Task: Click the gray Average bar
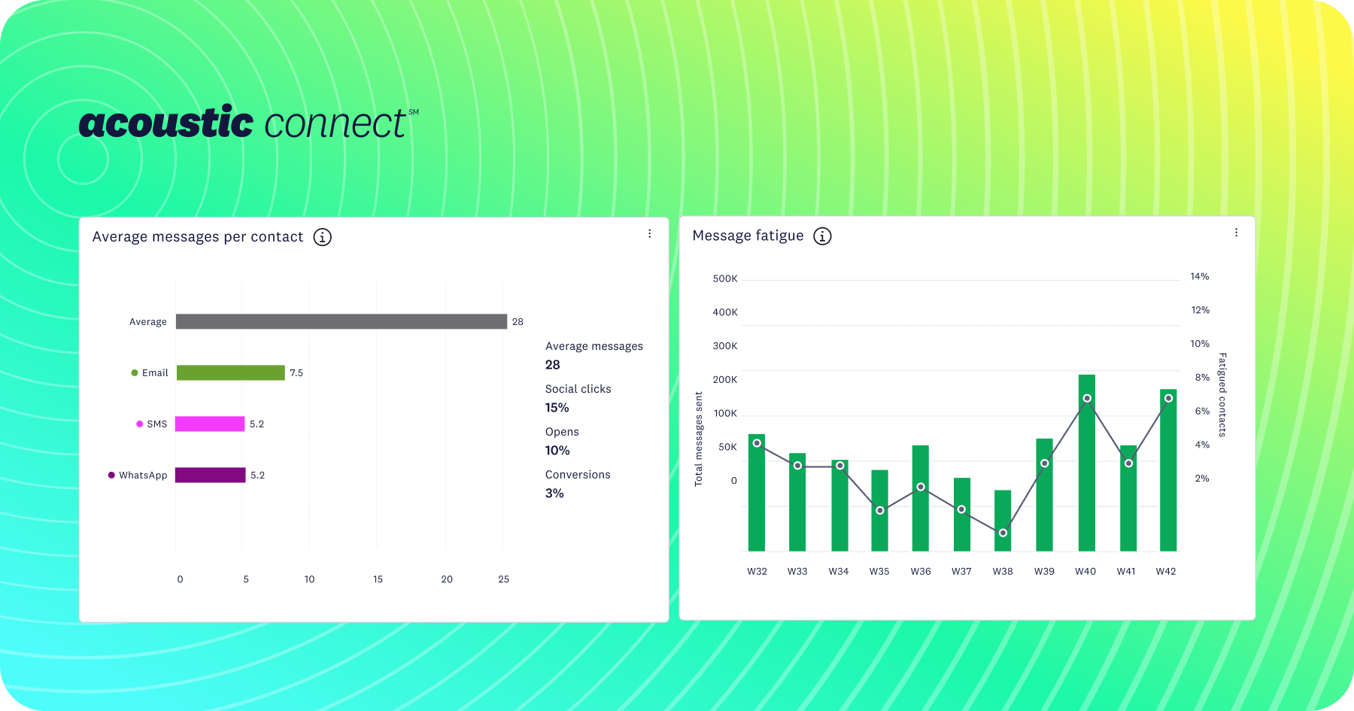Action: (342, 321)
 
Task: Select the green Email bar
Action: (231, 372)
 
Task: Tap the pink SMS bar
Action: (210, 424)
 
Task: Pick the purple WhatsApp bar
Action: (211, 475)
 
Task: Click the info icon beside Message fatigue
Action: (823, 236)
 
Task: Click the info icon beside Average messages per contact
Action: (323, 237)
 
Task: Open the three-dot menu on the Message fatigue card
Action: (1236, 232)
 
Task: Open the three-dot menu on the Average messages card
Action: (650, 234)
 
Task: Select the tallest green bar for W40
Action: (1087, 463)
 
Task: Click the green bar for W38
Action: (1003, 521)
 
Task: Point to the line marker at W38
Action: (1003, 533)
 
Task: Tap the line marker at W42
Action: (1168, 398)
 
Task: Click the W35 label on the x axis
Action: (879, 571)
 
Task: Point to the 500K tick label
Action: (725, 278)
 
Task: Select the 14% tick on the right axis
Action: (1200, 276)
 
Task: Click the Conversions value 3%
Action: (554, 494)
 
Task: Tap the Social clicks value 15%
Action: (557, 408)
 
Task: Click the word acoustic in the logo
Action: (166, 123)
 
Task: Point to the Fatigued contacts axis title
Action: (1222, 394)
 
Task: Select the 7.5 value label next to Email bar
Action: (296, 372)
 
